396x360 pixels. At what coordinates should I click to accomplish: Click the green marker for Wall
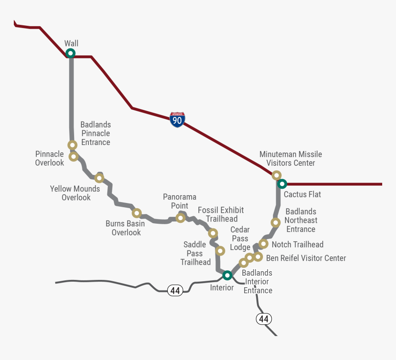click(x=70, y=53)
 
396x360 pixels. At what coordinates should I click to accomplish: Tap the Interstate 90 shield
click(x=177, y=120)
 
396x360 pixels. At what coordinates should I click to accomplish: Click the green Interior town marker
click(x=227, y=275)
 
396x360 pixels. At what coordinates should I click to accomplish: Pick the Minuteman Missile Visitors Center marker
click(x=276, y=175)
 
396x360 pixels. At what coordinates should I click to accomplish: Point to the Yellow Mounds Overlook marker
click(x=99, y=178)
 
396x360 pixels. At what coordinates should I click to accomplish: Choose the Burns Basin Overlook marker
click(x=136, y=213)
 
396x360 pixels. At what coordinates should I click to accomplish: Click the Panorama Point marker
click(x=181, y=218)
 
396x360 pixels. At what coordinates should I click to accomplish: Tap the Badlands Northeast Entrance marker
click(x=275, y=223)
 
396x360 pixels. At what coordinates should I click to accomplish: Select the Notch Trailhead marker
click(x=263, y=244)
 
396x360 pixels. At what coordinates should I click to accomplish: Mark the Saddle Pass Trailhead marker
click(x=220, y=251)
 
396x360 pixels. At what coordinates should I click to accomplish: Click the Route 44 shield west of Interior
click(x=175, y=290)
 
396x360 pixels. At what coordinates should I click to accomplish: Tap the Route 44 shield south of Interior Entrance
click(x=263, y=319)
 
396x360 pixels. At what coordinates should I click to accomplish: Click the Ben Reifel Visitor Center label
click(x=306, y=258)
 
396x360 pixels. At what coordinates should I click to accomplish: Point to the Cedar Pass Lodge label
click(x=240, y=238)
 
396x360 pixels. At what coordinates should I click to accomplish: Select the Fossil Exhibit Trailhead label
click(x=221, y=215)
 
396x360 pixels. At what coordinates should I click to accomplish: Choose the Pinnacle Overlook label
click(x=50, y=158)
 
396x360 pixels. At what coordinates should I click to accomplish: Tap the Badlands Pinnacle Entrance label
click(x=96, y=134)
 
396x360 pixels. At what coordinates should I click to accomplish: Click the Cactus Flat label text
click(x=302, y=195)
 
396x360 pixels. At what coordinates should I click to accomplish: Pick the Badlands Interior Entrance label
click(x=257, y=282)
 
